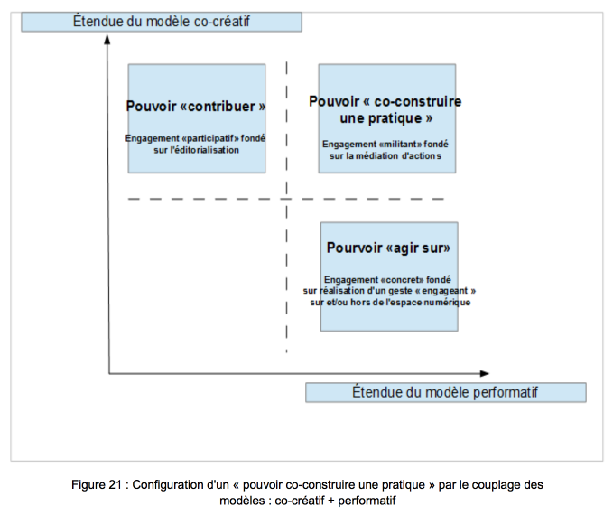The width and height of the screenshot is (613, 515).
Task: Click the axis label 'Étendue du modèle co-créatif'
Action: [x=161, y=21]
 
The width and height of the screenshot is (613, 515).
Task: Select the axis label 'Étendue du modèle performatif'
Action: [x=445, y=392]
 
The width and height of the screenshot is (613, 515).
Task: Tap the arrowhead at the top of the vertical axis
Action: [x=107, y=39]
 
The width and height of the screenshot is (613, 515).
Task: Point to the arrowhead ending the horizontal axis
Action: [x=485, y=373]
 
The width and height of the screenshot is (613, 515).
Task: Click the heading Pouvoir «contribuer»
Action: [x=196, y=106]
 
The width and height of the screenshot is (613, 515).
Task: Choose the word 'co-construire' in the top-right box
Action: [x=417, y=101]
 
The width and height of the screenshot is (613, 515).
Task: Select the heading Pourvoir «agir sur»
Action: [x=388, y=248]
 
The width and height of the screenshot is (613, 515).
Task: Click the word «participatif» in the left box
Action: [x=210, y=138]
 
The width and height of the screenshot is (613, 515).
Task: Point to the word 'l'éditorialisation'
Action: [x=204, y=150]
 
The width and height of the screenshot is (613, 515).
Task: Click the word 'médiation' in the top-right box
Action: [x=376, y=155]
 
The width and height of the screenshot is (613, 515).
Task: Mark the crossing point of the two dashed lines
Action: [x=286, y=199]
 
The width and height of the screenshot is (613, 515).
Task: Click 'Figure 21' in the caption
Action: [x=97, y=485]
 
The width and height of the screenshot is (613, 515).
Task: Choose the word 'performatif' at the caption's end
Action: [x=367, y=501]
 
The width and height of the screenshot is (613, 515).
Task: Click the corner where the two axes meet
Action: [x=108, y=373]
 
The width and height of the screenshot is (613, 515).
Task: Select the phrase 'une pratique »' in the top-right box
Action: [x=385, y=118]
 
